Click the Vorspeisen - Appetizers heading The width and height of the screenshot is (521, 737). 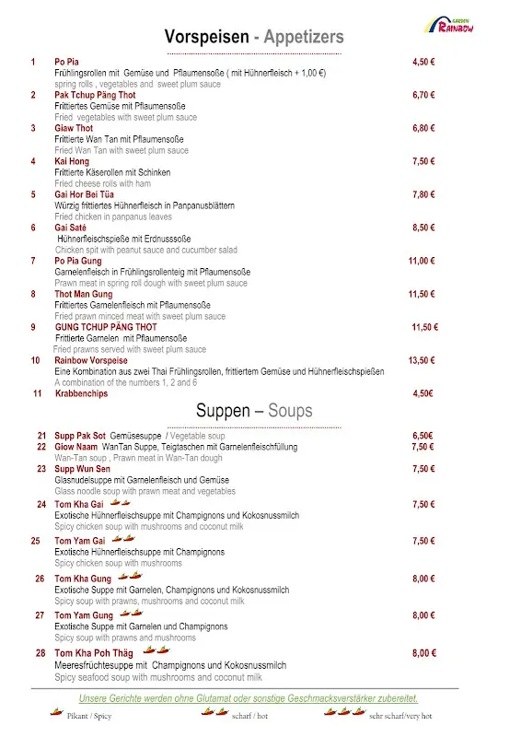click(x=254, y=37)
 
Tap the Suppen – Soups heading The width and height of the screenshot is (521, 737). click(x=254, y=411)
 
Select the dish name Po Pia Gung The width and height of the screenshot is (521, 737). click(x=78, y=261)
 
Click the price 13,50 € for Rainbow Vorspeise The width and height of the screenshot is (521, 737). click(x=422, y=360)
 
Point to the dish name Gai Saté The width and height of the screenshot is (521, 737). click(x=72, y=228)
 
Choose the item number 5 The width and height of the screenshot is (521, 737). click(x=33, y=194)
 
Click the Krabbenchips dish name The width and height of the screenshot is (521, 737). click(x=81, y=393)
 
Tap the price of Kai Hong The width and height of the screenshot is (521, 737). click(x=423, y=161)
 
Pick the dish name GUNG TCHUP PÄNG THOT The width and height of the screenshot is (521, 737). click(x=106, y=327)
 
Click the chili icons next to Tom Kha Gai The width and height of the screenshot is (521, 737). click(x=120, y=503)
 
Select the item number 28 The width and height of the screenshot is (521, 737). click(x=41, y=653)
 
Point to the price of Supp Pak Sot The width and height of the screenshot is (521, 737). click(x=423, y=436)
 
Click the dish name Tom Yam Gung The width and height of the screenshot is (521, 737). click(x=84, y=615)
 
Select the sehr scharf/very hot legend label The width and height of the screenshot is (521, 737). click(x=400, y=716)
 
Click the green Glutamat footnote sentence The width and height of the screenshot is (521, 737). click(x=249, y=698)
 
